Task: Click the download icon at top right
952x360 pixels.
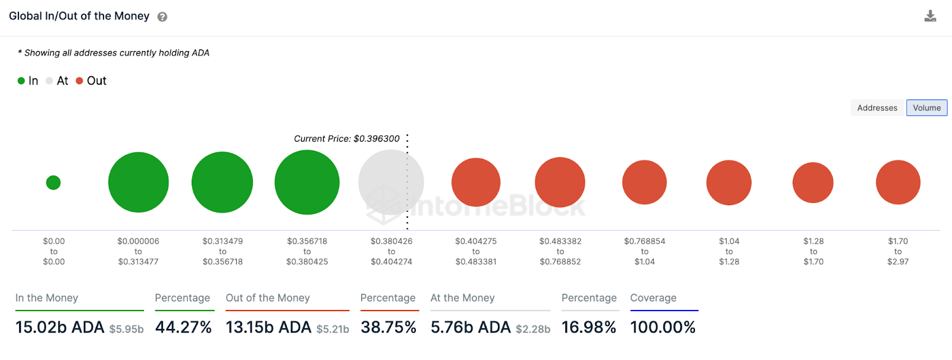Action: (x=930, y=16)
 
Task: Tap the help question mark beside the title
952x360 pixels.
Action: (x=162, y=17)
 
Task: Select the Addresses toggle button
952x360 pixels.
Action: (x=877, y=108)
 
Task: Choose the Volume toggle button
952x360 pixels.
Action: (x=926, y=108)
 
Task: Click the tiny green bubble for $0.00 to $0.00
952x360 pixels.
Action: (x=54, y=183)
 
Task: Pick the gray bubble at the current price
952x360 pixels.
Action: (x=391, y=182)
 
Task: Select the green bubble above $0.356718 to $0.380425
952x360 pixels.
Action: (x=307, y=182)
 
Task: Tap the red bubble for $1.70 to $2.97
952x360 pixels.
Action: (x=898, y=182)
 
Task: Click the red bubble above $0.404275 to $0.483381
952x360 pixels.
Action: (x=476, y=182)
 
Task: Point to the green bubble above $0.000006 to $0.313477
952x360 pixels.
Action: (x=138, y=182)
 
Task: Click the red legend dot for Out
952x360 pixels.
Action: (x=79, y=81)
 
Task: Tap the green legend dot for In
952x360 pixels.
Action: (x=21, y=81)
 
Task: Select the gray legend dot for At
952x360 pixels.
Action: (x=49, y=81)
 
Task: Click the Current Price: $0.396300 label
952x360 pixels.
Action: (x=347, y=139)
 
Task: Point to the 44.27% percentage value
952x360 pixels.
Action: (x=183, y=327)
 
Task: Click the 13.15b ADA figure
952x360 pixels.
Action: (x=268, y=327)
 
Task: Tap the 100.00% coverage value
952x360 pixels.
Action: (x=663, y=327)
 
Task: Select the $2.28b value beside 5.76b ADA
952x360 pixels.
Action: (x=533, y=329)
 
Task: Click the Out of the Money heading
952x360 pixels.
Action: (x=268, y=298)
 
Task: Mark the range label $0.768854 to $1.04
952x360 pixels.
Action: (x=644, y=251)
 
